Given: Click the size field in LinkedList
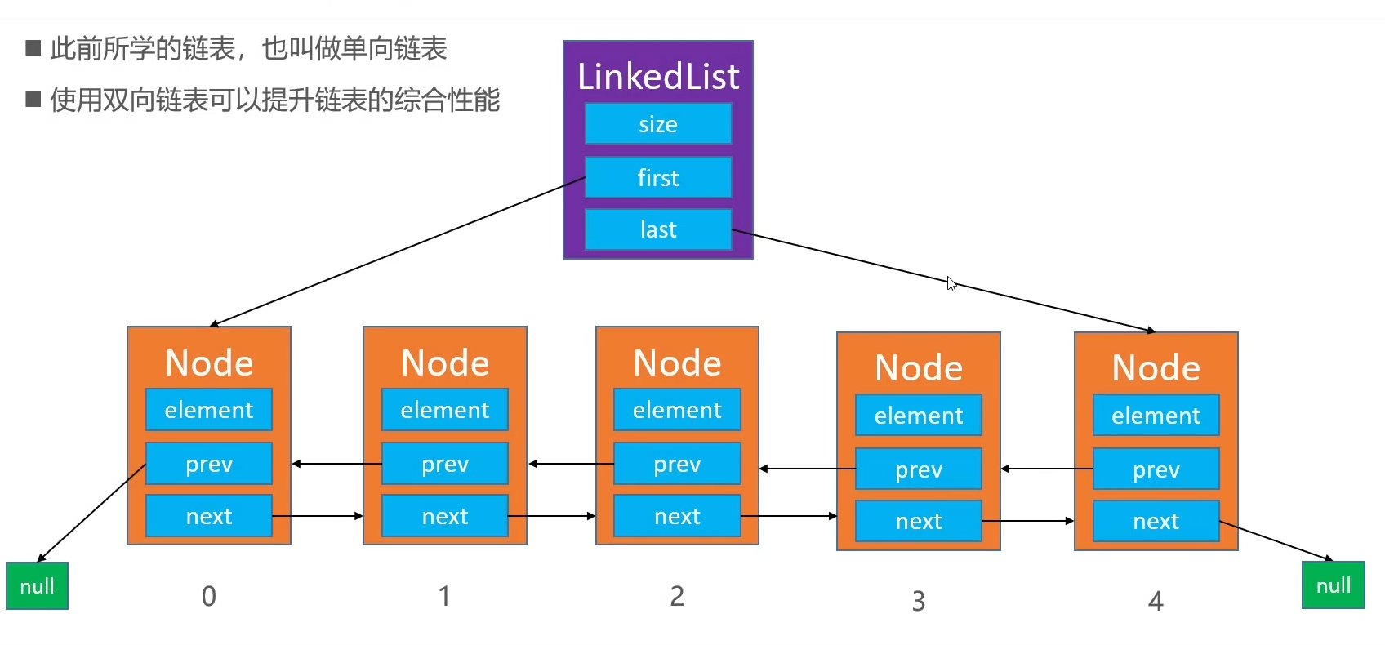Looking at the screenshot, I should pyautogui.click(x=657, y=124).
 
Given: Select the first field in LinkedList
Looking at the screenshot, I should pyautogui.click(x=657, y=178).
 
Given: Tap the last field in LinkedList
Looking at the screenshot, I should pyautogui.click(x=657, y=229).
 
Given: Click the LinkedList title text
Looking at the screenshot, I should pyautogui.click(x=657, y=77).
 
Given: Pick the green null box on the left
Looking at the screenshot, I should pyautogui.click(x=37, y=586).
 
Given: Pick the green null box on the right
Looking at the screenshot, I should pyautogui.click(x=1333, y=585).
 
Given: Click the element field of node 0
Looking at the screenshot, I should pyautogui.click(x=209, y=410).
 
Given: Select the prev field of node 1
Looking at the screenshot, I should pyautogui.click(x=445, y=464).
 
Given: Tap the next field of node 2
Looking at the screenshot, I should pyautogui.click(x=677, y=516).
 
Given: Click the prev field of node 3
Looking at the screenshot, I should pyautogui.click(x=919, y=469).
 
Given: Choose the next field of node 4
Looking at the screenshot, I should pyautogui.click(x=1156, y=521).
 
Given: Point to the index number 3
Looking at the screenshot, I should pyautogui.click(x=919, y=602).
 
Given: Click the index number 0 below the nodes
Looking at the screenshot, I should pyautogui.click(x=209, y=597).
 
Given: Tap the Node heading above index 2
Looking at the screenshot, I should pyautogui.click(x=677, y=363).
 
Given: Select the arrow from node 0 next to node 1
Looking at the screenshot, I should pyautogui.click(x=318, y=516).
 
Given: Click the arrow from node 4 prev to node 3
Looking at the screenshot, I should pyautogui.click(x=1046, y=469).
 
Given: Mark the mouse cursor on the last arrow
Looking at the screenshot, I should pyautogui.click(x=951, y=284).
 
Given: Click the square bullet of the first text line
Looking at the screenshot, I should pyautogui.click(x=33, y=48).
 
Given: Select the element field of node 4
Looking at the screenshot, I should pyautogui.click(x=1156, y=416).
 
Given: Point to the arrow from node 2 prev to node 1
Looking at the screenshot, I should pyautogui.click(x=571, y=464).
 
